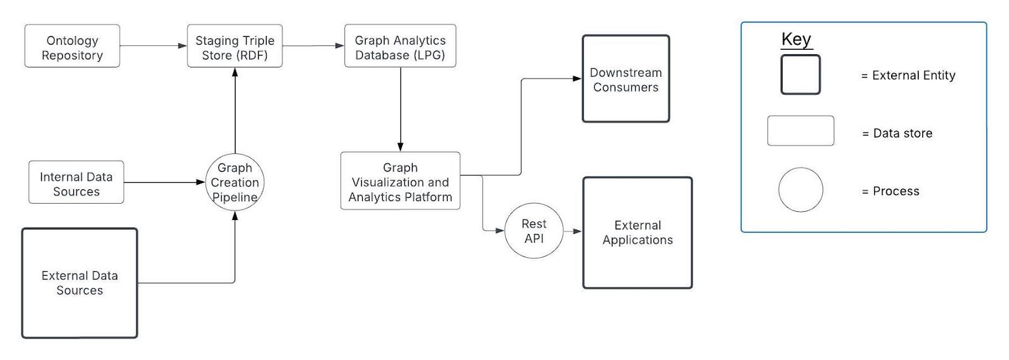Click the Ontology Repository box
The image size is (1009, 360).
(72, 47)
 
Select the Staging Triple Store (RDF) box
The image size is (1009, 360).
(235, 47)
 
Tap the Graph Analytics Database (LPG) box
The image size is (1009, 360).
(400, 47)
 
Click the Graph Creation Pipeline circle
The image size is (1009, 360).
(235, 182)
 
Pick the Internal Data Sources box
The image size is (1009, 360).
(76, 183)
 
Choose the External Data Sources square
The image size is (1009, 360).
(79, 283)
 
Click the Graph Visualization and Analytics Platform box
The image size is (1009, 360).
(400, 182)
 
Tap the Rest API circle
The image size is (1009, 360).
(534, 231)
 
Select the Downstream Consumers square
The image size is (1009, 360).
(626, 79)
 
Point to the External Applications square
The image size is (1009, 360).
(638, 232)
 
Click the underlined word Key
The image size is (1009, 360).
(796, 39)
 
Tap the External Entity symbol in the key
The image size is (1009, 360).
(800, 75)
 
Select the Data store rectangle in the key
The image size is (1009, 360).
(800, 131)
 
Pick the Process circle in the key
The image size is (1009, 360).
(800, 190)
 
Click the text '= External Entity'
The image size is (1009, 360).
(908, 76)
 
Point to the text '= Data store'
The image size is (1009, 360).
(897, 134)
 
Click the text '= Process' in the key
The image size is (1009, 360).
(890, 192)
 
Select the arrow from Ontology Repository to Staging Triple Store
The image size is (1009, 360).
(153, 46)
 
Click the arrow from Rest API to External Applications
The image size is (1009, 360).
(572, 231)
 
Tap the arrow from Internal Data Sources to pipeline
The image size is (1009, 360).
(164, 182)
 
